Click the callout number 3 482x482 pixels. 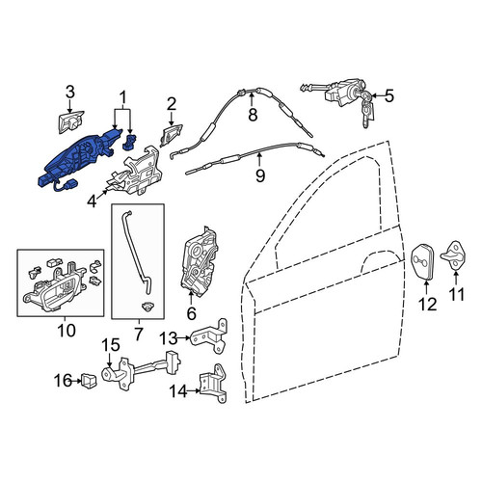(70, 92)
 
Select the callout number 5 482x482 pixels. (389, 95)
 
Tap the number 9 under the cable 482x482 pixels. (260, 175)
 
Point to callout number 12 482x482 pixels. (428, 304)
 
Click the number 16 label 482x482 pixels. (63, 381)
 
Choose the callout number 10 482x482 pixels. (67, 331)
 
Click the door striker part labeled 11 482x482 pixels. (454, 255)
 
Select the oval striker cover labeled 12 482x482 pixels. (422, 262)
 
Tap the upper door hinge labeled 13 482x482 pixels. (209, 336)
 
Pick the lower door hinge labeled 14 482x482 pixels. (213, 384)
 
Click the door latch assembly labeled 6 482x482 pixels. (200, 261)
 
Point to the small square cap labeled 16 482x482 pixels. (88, 381)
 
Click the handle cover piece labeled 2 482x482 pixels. (171, 135)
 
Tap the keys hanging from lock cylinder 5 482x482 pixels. (368, 111)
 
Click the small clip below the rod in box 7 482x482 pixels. (147, 307)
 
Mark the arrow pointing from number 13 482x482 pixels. (184, 337)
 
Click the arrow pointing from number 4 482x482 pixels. (102, 194)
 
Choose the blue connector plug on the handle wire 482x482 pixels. (70, 186)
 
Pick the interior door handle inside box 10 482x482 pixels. (53, 291)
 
